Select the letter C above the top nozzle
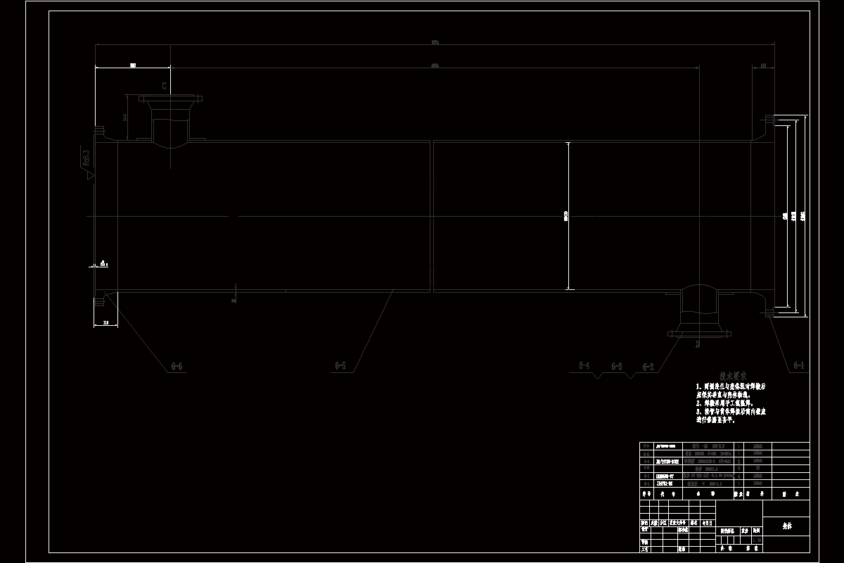pyautogui.click(x=164, y=87)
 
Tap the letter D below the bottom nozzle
pyautogui.click(x=698, y=345)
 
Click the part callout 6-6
pyautogui.click(x=177, y=367)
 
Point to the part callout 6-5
pyautogui.click(x=340, y=366)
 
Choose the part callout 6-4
pyautogui.click(x=584, y=366)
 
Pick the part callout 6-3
pyautogui.click(x=617, y=367)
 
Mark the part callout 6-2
pyautogui.click(x=647, y=367)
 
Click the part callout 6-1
pyautogui.click(x=798, y=366)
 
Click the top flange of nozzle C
pyautogui.click(x=170, y=99)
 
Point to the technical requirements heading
pyautogui.click(x=734, y=377)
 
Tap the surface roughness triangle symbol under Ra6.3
pyautogui.click(x=90, y=177)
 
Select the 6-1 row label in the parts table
pyautogui.click(x=646, y=484)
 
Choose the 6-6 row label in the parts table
pyautogui.click(x=646, y=446)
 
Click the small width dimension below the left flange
pyautogui.click(x=105, y=322)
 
